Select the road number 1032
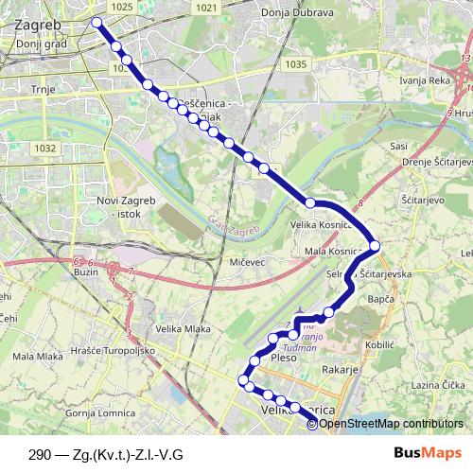click(x=43, y=149)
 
